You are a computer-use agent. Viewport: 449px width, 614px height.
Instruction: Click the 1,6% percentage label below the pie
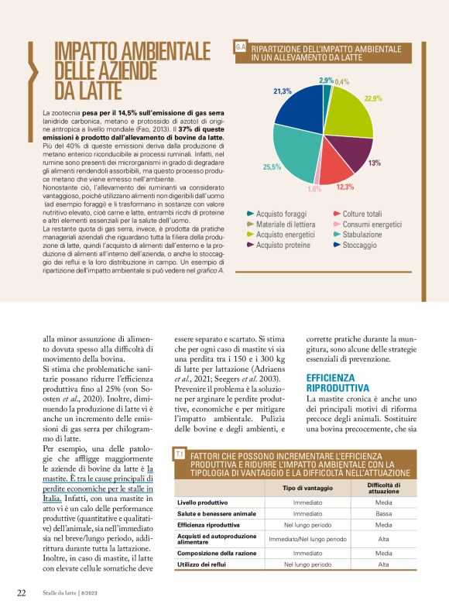(x=314, y=189)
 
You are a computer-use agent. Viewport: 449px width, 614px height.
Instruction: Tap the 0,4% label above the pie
(x=342, y=81)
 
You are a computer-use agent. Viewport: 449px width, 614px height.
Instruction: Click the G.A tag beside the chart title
(x=240, y=48)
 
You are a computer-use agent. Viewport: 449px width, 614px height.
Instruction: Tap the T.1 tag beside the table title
(x=180, y=452)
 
